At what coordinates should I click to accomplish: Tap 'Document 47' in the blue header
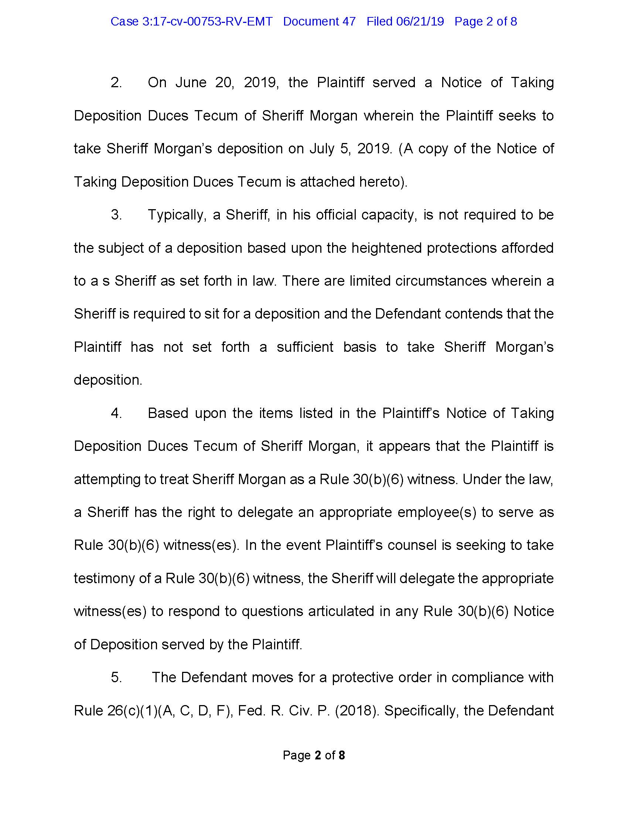tap(319, 21)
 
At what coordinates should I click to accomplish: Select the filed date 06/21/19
tap(420, 21)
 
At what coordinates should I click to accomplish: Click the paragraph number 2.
tap(116, 82)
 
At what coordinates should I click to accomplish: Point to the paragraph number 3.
tap(116, 215)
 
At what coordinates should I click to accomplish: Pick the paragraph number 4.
tap(116, 413)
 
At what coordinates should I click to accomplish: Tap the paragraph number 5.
tap(116, 677)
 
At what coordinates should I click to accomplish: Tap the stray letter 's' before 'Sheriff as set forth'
tap(106, 281)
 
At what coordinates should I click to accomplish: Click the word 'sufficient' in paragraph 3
tap(305, 347)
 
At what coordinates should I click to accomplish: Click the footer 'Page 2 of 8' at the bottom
tap(314, 755)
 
